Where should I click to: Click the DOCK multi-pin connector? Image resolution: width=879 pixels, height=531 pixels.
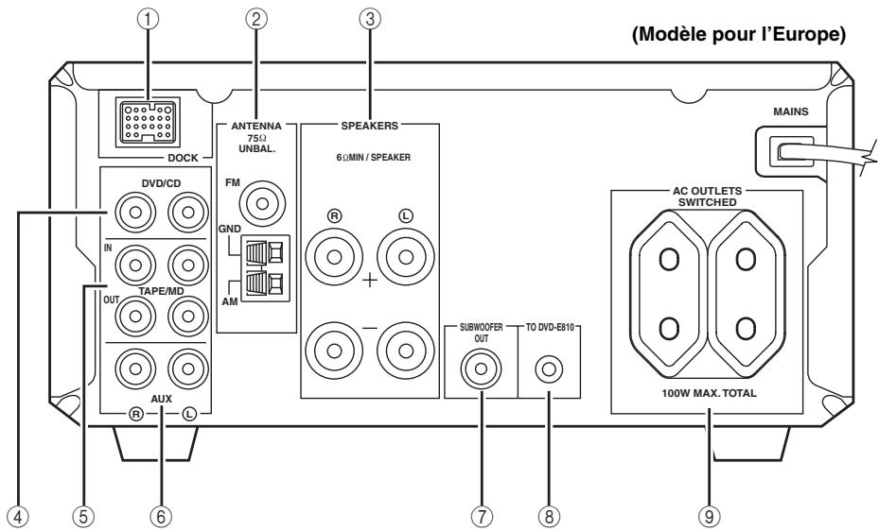click(x=148, y=123)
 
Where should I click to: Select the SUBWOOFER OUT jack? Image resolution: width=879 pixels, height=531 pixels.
click(x=481, y=368)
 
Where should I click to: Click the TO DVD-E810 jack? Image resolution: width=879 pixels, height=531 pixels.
click(x=549, y=369)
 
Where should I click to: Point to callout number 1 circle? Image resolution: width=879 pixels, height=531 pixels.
click(x=148, y=19)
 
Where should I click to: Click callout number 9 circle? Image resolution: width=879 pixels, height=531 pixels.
click(x=709, y=516)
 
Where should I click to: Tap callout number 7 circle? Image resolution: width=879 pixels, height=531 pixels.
click(x=482, y=516)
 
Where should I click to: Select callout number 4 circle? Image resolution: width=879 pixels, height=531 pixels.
click(x=19, y=516)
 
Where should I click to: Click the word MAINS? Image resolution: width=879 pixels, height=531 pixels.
click(x=790, y=111)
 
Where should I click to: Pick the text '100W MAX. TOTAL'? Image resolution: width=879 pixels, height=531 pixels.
click(x=709, y=393)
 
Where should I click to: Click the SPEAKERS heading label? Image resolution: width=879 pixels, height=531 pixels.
click(x=369, y=126)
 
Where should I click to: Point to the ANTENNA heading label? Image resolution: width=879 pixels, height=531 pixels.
click(x=256, y=126)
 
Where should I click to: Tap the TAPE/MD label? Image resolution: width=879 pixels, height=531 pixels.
click(x=162, y=292)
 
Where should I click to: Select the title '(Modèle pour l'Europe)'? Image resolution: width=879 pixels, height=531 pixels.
click(x=739, y=34)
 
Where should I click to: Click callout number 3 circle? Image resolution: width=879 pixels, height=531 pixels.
click(x=370, y=19)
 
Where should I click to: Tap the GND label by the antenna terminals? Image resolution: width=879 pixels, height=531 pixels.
click(x=230, y=229)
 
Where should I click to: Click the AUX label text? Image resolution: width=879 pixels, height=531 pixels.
click(x=162, y=399)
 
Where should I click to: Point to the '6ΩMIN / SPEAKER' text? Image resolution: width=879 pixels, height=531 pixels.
click(x=374, y=158)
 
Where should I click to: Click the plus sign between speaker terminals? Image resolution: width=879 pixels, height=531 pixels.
click(x=370, y=281)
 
